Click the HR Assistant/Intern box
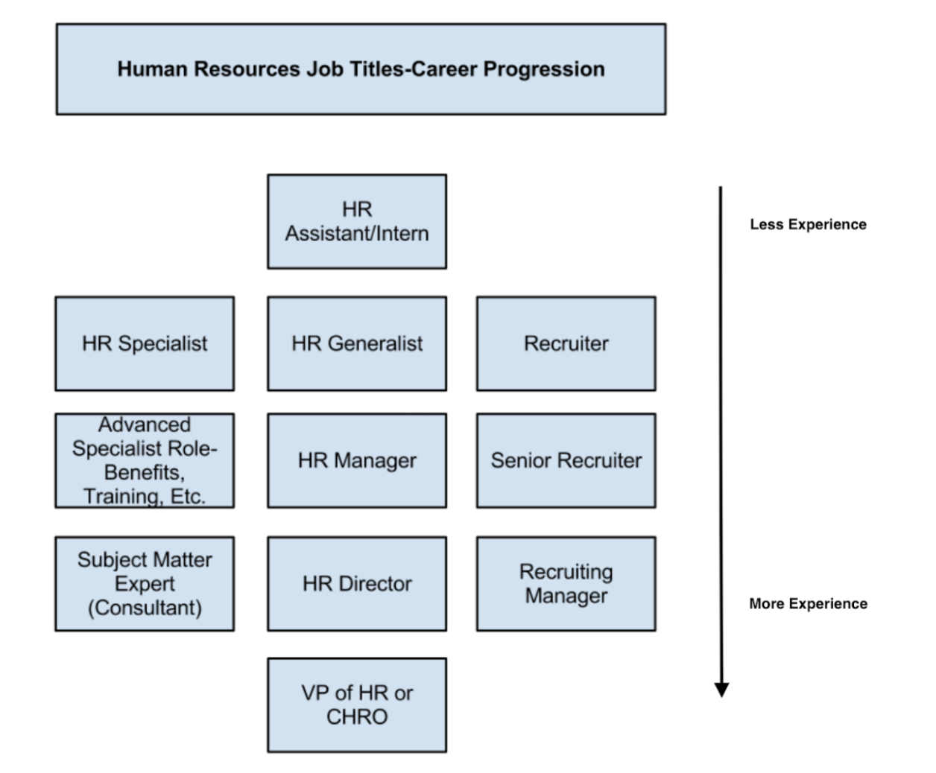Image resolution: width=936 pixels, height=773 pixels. click(x=357, y=222)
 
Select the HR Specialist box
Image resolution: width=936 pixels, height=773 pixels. click(x=145, y=344)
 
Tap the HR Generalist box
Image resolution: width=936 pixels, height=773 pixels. click(x=357, y=344)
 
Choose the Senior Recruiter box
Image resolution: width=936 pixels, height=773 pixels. click(x=566, y=461)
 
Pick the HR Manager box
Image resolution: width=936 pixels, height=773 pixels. click(x=357, y=461)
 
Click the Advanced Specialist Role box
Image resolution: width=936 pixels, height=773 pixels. click(x=145, y=461)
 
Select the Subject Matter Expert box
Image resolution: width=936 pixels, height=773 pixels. click(x=145, y=584)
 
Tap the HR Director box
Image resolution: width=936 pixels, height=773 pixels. click(x=357, y=584)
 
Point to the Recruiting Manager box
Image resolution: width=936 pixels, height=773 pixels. click(x=566, y=584)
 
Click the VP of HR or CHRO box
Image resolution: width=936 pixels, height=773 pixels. click(x=357, y=705)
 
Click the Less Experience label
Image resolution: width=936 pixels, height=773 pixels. click(x=809, y=224)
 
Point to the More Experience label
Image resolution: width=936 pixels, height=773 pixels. click(x=809, y=604)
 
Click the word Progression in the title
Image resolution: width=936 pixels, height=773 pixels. click(x=544, y=70)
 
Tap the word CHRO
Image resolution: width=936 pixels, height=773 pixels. click(x=357, y=717)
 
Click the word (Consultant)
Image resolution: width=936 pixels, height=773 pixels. click(x=145, y=608)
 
